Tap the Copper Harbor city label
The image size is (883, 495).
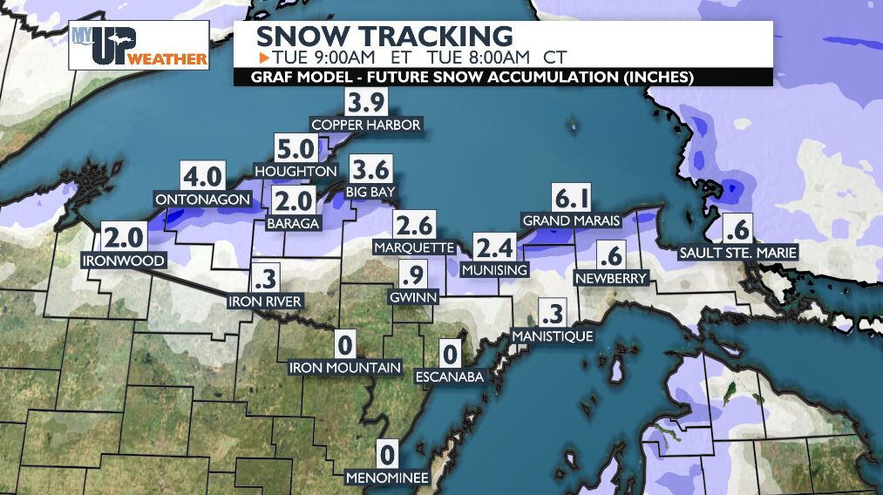[x=366, y=125]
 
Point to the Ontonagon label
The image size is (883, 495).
[x=202, y=200]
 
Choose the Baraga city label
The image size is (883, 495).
[x=295, y=223]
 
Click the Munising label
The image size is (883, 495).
[x=494, y=269]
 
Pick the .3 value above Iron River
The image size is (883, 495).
[x=264, y=280]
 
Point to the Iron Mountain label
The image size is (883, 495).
[x=345, y=368]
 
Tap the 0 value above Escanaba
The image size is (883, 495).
[x=450, y=355]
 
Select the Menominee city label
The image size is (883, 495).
[x=386, y=478]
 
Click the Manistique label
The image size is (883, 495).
[x=553, y=336]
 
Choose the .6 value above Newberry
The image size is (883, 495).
[x=610, y=256]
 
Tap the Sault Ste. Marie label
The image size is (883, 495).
[x=738, y=254]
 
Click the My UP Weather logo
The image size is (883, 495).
[x=139, y=45]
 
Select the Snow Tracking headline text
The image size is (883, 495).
[x=384, y=37]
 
